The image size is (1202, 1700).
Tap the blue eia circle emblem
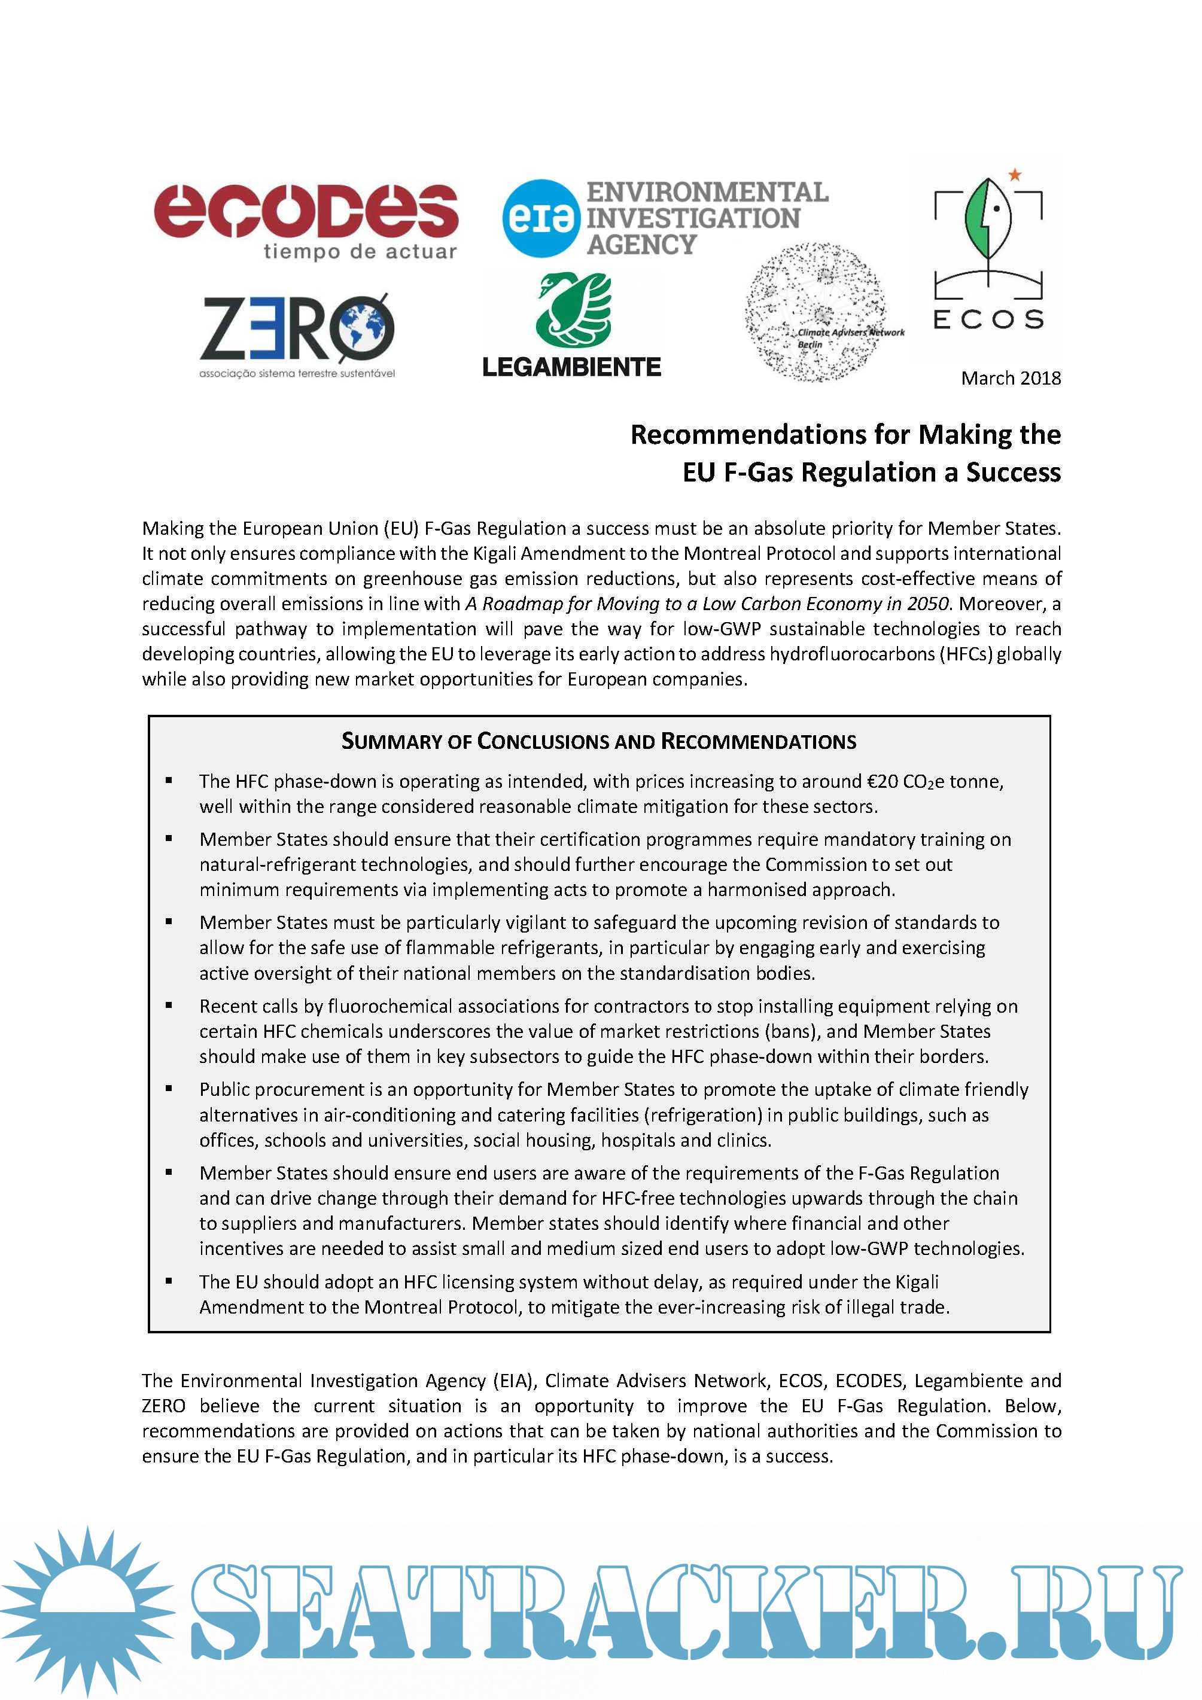pos(540,218)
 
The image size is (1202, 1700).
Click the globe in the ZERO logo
pos(363,326)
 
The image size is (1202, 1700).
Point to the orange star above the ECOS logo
pos(1015,175)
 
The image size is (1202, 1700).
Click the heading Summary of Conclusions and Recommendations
pos(598,741)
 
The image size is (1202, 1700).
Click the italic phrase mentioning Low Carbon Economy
pos(707,604)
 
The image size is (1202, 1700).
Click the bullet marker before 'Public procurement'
pos(169,1089)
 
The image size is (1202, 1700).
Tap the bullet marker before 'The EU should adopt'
pos(169,1281)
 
